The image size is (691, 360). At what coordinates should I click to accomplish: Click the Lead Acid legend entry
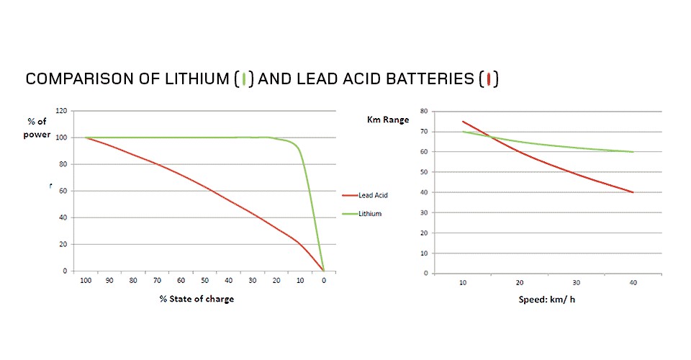[x=365, y=195]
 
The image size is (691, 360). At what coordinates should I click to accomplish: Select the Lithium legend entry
[x=362, y=214]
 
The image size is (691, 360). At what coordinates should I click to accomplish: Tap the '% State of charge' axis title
[x=197, y=299]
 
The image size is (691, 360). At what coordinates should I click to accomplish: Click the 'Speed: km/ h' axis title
[x=546, y=300]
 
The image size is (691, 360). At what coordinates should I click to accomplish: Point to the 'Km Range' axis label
[x=388, y=120]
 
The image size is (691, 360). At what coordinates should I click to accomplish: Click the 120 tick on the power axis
[x=61, y=111]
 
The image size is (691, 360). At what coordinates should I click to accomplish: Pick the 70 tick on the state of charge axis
[x=157, y=280]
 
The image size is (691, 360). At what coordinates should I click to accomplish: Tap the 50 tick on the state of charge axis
[x=204, y=280]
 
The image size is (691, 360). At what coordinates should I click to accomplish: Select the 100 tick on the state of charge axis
[x=86, y=280]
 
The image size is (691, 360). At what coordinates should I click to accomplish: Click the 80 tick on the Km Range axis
[x=424, y=111]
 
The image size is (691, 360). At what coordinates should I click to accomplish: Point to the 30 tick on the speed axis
[x=576, y=282]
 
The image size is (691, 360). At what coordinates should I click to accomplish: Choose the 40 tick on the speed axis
[x=633, y=282]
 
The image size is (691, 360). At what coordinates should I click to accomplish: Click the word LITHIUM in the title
[x=197, y=79]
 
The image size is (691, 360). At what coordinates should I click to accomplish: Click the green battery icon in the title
[x=244, y=79]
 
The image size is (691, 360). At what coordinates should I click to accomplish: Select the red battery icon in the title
[x=488, y=79]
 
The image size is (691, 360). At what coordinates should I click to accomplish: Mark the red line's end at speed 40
[x=633, y=192]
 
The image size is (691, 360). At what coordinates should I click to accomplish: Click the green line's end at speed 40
[x=633, y=152]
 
